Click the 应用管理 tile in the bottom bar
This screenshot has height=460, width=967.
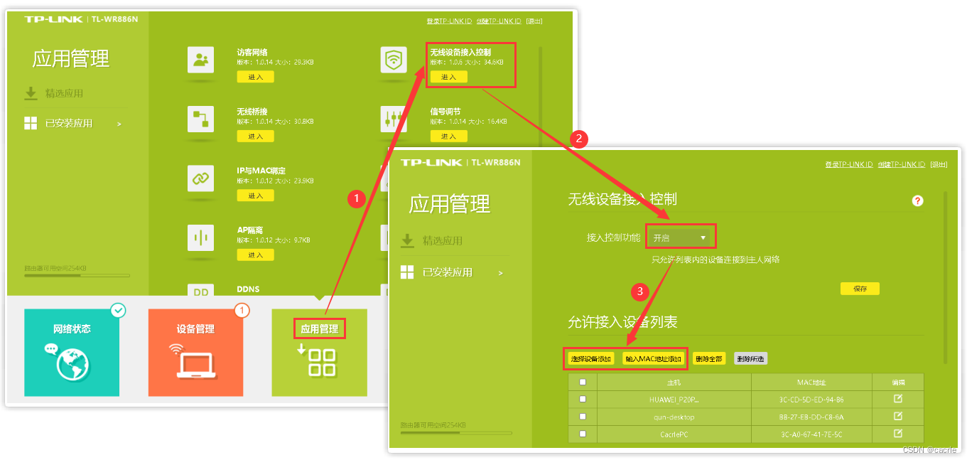[x=319, y=352]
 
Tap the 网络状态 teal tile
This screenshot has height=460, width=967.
[x=72, y=352]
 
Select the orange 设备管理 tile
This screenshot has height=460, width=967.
[x=195, y=352]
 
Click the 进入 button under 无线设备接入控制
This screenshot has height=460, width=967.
[x=449, y=77]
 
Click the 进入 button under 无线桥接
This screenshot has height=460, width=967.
[x=255, y=136]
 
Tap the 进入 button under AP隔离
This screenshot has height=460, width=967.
[x=255, y=255]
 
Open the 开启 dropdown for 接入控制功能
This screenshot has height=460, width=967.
[x=681, y=237]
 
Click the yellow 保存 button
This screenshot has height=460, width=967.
[x=860, y=289]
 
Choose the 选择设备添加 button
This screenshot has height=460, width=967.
[x=591, y=359]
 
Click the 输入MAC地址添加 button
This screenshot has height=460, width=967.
[x=653, y=359]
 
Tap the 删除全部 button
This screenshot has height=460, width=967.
[x=708, y=359]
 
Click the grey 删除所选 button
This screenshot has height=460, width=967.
[x=750, y=359]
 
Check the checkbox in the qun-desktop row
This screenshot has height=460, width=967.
[x=583, y=417]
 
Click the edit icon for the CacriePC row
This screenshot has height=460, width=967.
[x=897, y=433]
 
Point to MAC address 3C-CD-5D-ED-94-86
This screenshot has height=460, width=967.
[x=811, y=400]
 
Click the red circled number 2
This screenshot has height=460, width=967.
[x=580, y=139]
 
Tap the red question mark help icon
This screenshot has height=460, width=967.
[x=917, y=201]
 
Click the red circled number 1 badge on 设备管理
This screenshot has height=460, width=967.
[x=242, y=310]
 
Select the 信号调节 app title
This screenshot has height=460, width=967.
[x=445, y=112]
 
